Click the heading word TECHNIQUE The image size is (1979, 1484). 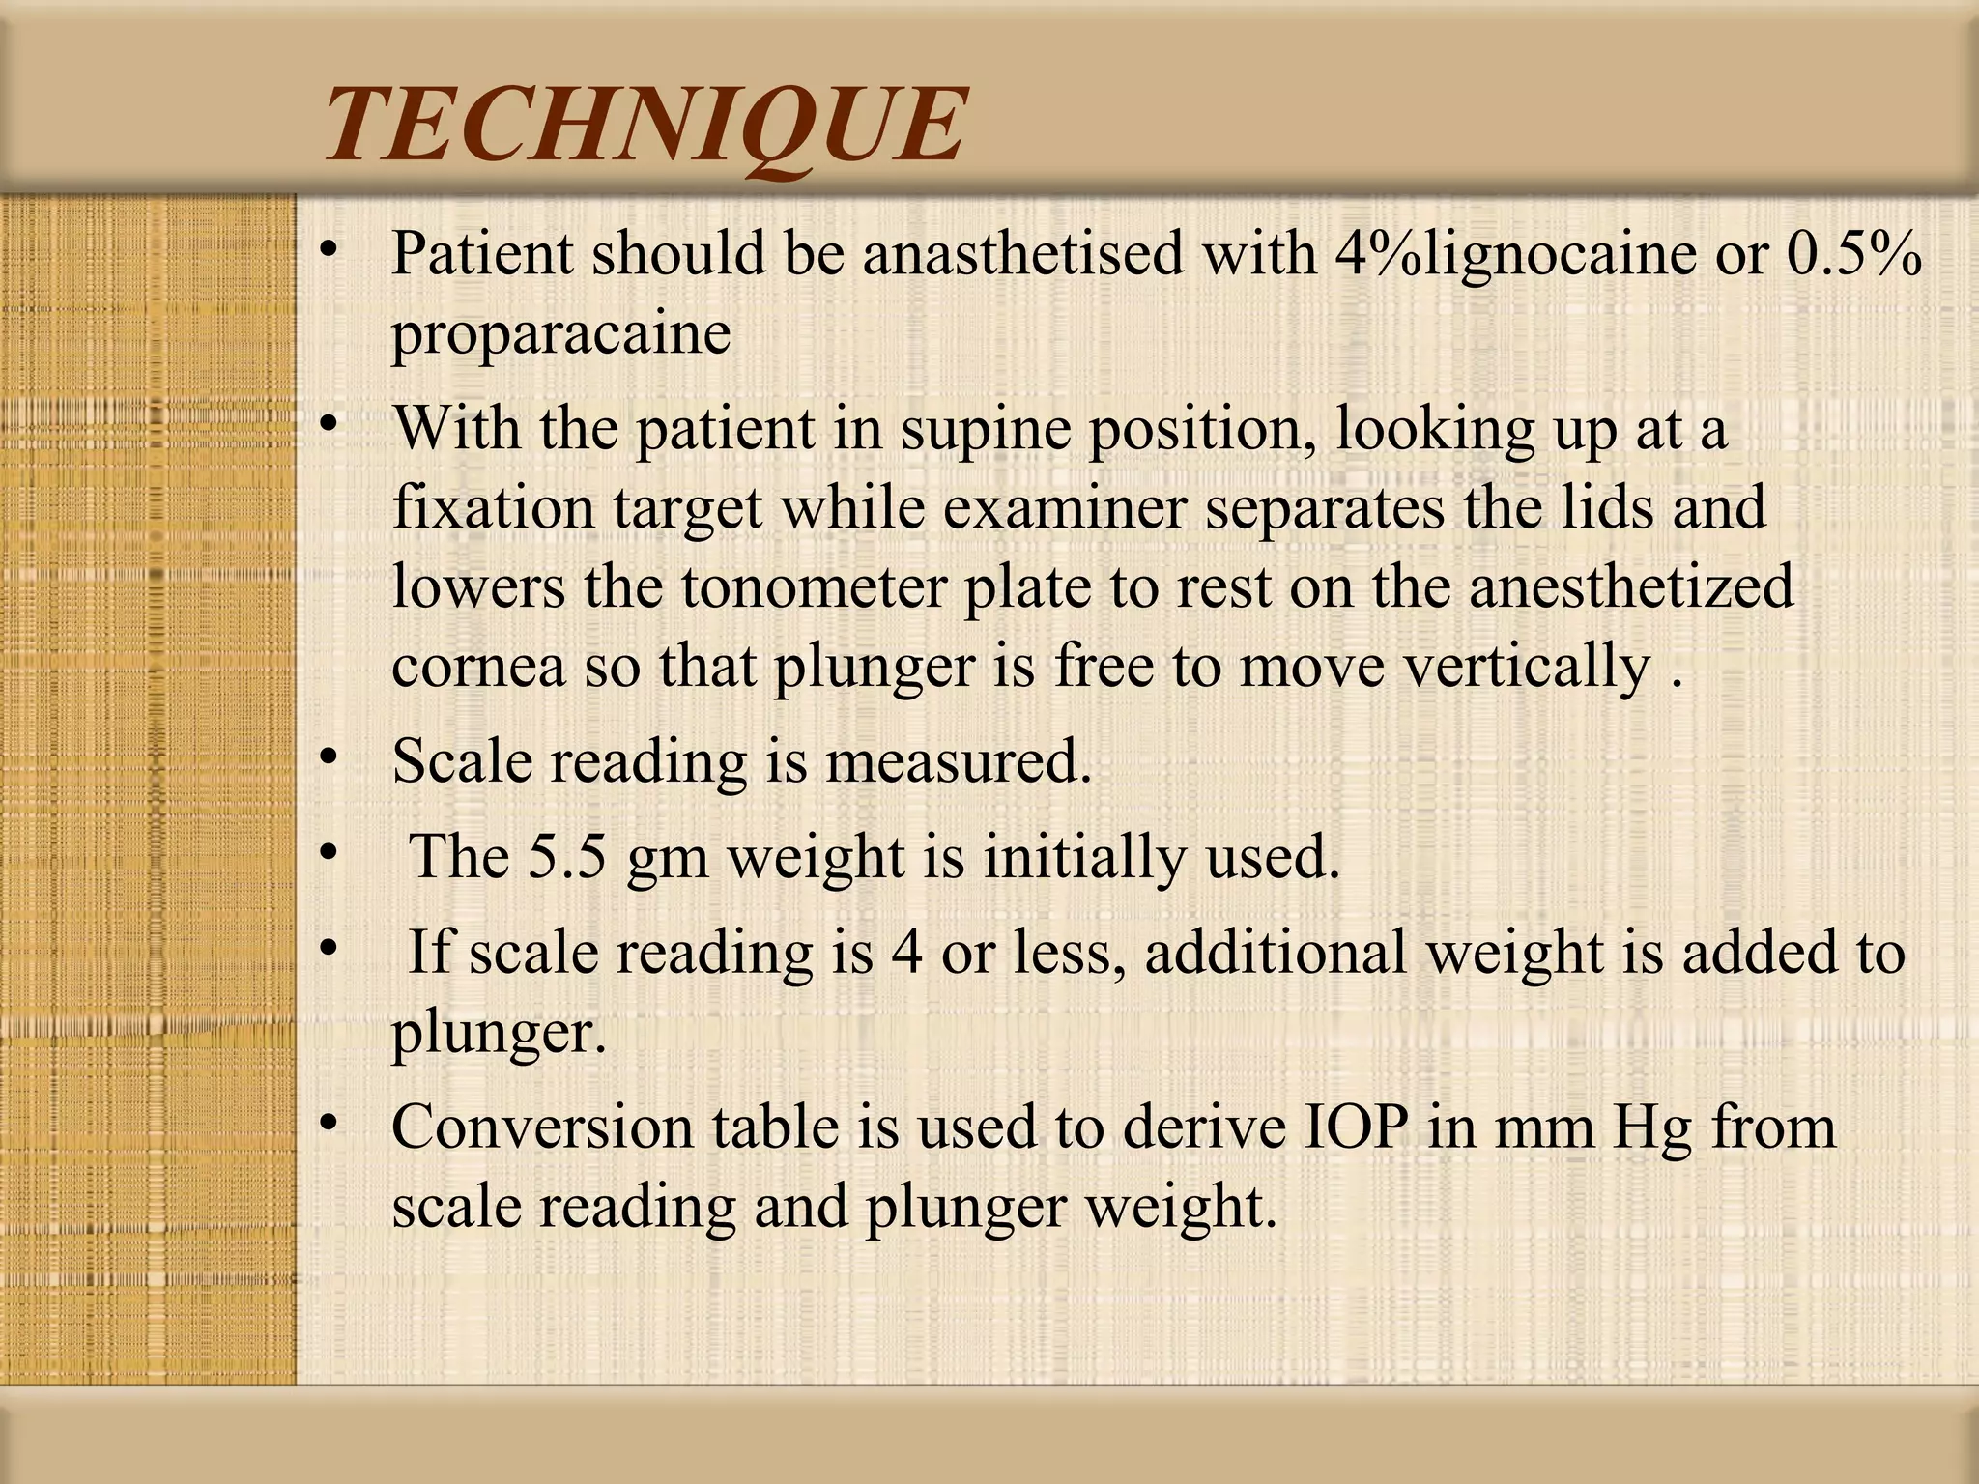tap(645, 126)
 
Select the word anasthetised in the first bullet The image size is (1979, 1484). tap(1022, 254)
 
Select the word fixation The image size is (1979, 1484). tap(493, 507)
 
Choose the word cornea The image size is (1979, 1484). tap(478, 667)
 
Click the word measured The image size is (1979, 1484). tap(958, 761)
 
